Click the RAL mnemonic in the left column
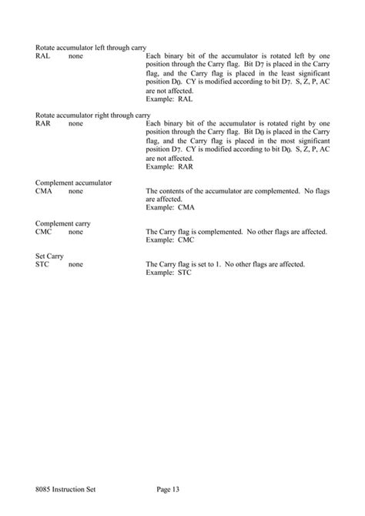click(43, 57)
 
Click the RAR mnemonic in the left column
click(44, 123)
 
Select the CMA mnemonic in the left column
click(44, 189)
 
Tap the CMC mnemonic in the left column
click(44, 231)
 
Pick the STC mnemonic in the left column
click(42, 264)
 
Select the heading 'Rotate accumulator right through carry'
click(93, 115)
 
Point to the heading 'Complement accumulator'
click(74, 181)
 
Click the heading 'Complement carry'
click(63, 223)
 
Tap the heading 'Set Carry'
click(49, 256)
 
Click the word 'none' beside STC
click(76, 264)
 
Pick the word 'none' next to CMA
click(76, 189)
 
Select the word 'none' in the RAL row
click(76, 57)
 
